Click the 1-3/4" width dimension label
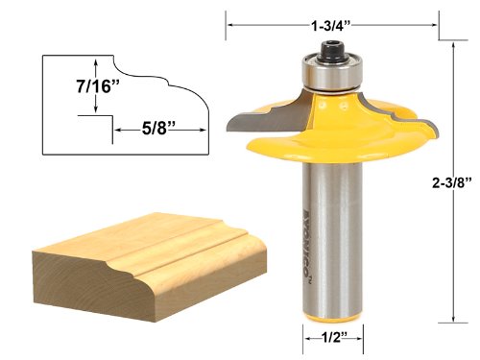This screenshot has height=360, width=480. coord(331,26)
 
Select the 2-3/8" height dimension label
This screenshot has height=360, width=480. coord(452,182)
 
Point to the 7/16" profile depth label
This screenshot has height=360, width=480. coord(98,86)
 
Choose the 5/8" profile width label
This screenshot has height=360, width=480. coord(158,129)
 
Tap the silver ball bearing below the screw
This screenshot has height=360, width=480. coord(333,73)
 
